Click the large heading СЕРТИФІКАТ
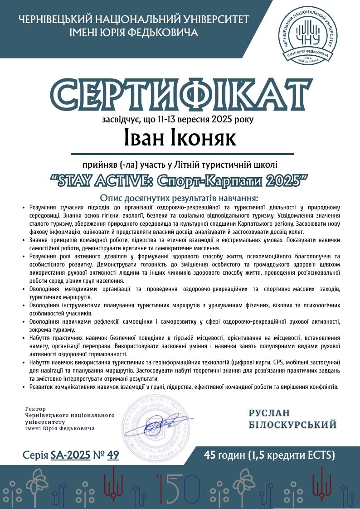180,95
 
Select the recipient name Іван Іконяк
180,138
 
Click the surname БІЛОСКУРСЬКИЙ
293,425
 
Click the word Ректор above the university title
36,408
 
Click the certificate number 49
113,455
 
